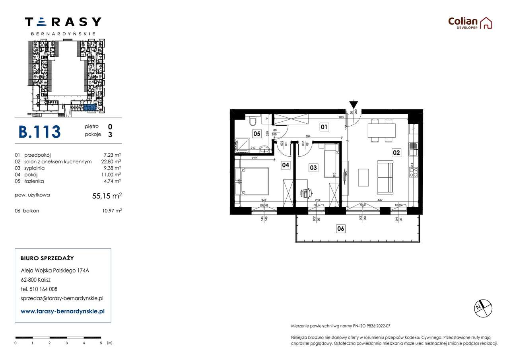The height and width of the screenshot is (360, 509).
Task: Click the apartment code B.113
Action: pyautogui.click(x=40, y=132)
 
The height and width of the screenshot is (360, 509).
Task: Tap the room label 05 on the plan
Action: pyautogui.click(x=257, y=134)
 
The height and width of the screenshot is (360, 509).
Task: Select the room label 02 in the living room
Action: pyautogui.click(x=396, y=152)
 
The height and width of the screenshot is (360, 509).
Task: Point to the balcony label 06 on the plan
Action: pyautogui.click(x=341, y=229)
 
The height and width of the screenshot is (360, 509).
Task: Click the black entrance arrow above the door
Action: pyautogui.click(x=353, y=105)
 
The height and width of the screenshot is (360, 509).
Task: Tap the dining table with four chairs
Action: pyautogui.click(x=381, y=130)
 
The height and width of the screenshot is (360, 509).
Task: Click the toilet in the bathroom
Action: pyautogui.click(x=252, y=121)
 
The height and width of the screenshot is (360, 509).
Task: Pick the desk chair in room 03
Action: pyautogui.click(x=305, y=193)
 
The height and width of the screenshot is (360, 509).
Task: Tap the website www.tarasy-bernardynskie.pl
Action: pyautogui.click(x=62, y=311)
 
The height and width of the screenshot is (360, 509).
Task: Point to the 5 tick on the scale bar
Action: pyautogui.click(x=101, y=342)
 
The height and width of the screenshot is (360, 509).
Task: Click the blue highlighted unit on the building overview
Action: pyautogui.click(x=89, y=108)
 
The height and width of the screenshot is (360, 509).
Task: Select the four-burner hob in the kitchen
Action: pyautogui.click(x=414, y=172)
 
